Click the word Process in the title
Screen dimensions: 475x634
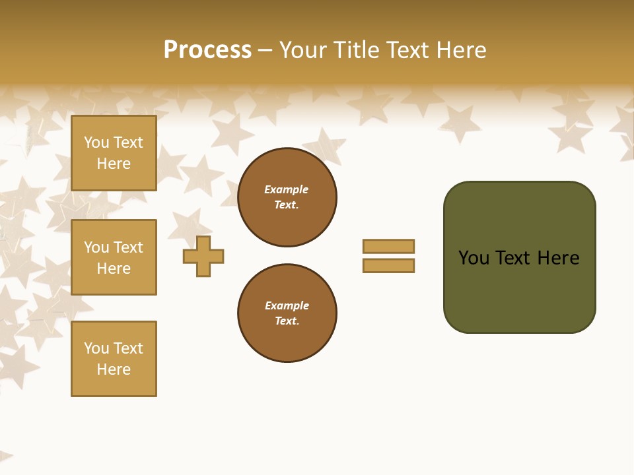[x=207, y=50]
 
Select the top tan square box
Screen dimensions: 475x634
[x=114, y=153]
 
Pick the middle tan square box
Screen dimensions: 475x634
[x=114, y=257]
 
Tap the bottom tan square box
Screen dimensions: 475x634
[x=114, y=359]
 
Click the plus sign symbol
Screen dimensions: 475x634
[x=203, y=256]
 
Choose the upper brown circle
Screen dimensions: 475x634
[x=287, y=197]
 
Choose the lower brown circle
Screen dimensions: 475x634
[x=287, y=313]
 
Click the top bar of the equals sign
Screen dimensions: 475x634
[x=388, y=246]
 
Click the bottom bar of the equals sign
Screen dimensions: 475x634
[x=388, y=266]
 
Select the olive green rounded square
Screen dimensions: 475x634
[x=519, y=257]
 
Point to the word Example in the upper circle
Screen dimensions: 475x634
[x=286, y=189]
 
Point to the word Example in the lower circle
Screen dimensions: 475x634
[x=286, y=305]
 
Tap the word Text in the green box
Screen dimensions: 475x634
[x=514, y=258]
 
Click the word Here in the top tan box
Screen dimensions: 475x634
[x=114, y=164]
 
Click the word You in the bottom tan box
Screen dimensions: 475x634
[x=96, y=348]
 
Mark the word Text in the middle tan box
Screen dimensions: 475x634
[x=128, y=247]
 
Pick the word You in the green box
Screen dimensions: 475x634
[x=474, y=258]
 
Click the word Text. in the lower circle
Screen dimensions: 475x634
[x=287, y=321]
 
